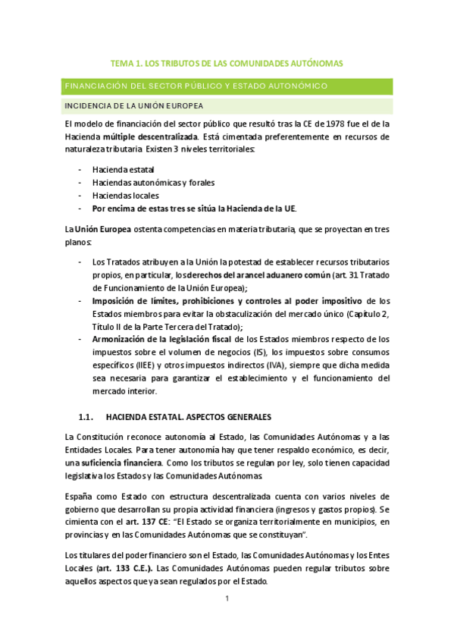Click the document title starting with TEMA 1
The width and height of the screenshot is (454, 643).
pyautogui.click(x=227, y=64)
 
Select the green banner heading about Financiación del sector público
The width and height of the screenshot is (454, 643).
pyautogui.click(x=196, y=86)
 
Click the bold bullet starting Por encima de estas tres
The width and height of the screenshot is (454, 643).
pyautogui.click(x=193, y=208)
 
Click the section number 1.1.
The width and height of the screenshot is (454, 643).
pyautogui.click(x=86, y=417)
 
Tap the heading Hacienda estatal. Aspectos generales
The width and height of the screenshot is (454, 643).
pyautogui.click(x=188, y=417)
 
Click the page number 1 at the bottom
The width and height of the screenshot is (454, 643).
pyautogui.click(x=227, y=598)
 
